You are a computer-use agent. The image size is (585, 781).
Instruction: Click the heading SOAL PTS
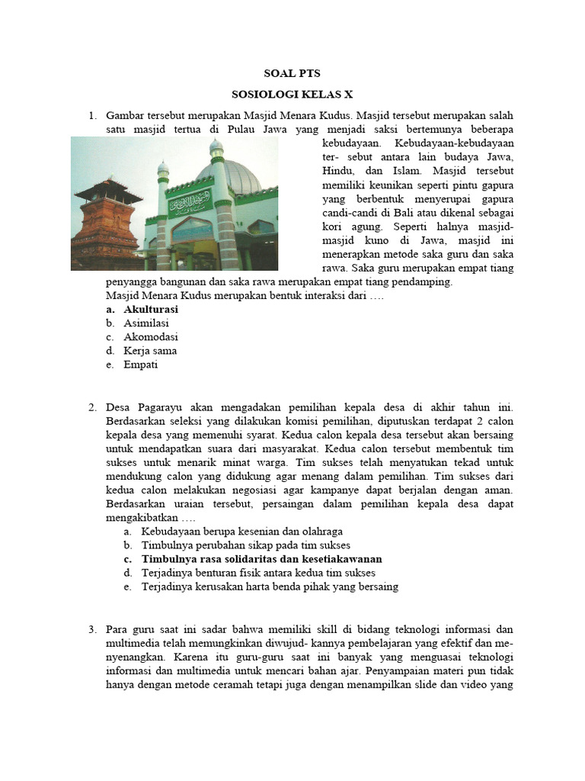pos(292,74)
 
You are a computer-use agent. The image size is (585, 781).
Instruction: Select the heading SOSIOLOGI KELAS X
pos(292,95)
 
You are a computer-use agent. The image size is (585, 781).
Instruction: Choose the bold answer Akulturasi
pos(151,310)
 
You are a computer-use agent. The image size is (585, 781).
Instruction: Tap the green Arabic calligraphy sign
pos(190,203)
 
